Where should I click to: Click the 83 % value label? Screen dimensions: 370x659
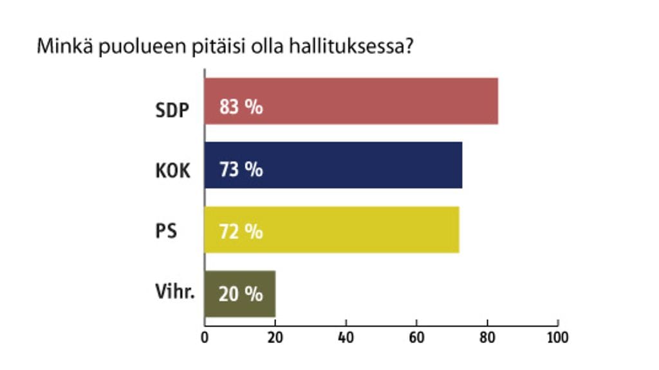tap(241, 107)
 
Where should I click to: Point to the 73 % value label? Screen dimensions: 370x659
tap(241, 171)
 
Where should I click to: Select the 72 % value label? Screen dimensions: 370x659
tap(241, 231)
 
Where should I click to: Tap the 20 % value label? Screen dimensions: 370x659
tap(241, 295)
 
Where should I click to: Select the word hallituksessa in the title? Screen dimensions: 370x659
tap(349, 48)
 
